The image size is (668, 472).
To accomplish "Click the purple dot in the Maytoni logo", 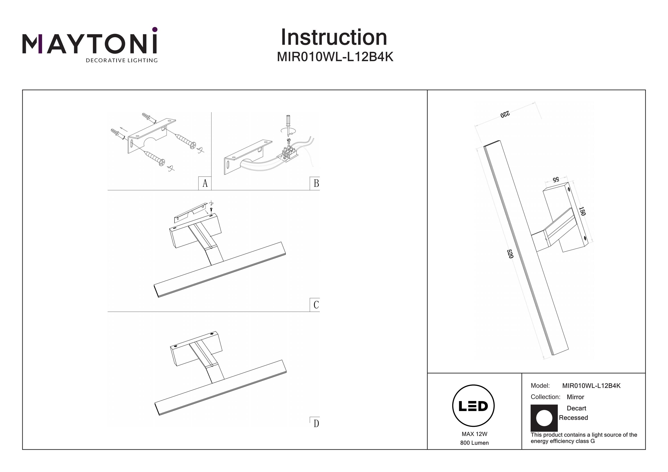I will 155,29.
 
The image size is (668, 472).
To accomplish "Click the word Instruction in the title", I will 334,38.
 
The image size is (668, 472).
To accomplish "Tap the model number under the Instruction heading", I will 335,57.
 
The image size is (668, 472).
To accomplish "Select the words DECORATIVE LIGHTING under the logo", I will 122,61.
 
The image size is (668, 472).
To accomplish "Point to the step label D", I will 316,423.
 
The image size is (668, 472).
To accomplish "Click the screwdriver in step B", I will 288,125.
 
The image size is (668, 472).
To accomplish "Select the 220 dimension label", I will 505,114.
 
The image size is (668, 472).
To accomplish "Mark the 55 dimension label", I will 556,179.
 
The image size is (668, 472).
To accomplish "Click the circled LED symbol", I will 473,406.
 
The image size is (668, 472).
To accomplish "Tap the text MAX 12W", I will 474,434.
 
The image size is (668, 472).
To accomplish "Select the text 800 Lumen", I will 474,443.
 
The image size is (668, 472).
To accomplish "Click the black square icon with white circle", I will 544,418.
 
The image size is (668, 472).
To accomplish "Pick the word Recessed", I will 573,418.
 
